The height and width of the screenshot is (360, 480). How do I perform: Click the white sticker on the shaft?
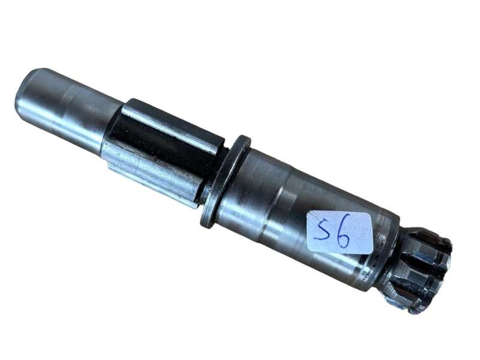coord(340,233)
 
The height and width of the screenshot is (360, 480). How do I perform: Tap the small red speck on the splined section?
coord(155,160)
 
